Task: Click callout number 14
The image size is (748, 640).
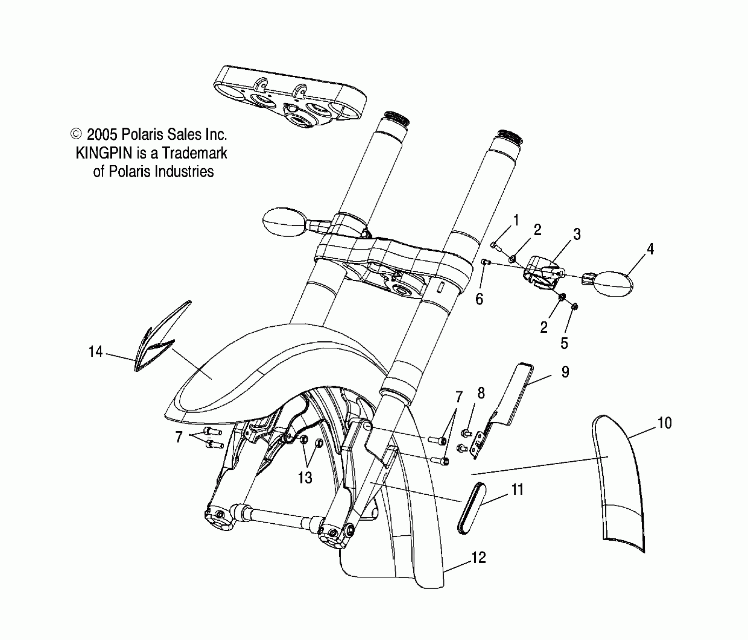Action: coord(95,352)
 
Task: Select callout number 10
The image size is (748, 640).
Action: coord(664,423)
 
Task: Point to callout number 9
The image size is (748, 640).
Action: coord(565,372)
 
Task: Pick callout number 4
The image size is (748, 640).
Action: coord(650,249)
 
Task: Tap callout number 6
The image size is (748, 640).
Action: coord(479,299)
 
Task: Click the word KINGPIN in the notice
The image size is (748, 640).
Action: coord(104,153)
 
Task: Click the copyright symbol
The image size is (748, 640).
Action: coord(76,134)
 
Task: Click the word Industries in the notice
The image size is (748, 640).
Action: coord(184,172)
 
